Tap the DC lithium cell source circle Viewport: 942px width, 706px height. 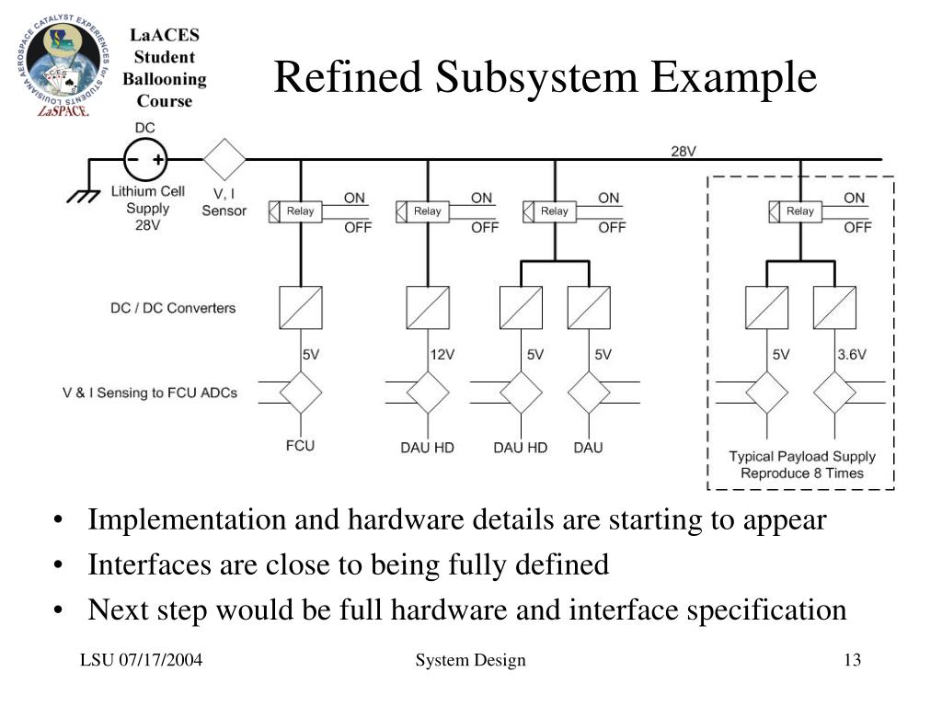[x=145, y=160]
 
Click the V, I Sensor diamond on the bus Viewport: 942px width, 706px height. [x=224, y=160]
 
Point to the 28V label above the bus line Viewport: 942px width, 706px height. [x=684, y=152]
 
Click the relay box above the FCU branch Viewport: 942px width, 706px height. [x=295, y=211]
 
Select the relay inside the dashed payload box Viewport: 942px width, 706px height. [x=796, y=211]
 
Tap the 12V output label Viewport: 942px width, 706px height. [x=442, y=355]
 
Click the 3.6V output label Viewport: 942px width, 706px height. [x=852, y=355]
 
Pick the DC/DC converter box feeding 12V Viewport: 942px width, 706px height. [x=428, y=307]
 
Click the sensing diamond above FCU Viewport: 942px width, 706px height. [x=301, y=393]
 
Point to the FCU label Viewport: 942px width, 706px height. [x=301, y=446]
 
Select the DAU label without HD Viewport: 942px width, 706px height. [x=588, y=448]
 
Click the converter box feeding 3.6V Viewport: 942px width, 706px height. [x=835, y=307]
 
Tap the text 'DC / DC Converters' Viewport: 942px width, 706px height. [x=173, y=308]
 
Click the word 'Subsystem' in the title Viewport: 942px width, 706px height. [x=536, y=78]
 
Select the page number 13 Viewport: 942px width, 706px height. [x=853, y=660]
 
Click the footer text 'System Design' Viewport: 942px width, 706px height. [x=470, y=660]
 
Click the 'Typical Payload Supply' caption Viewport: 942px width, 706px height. [x=802, y=457]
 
